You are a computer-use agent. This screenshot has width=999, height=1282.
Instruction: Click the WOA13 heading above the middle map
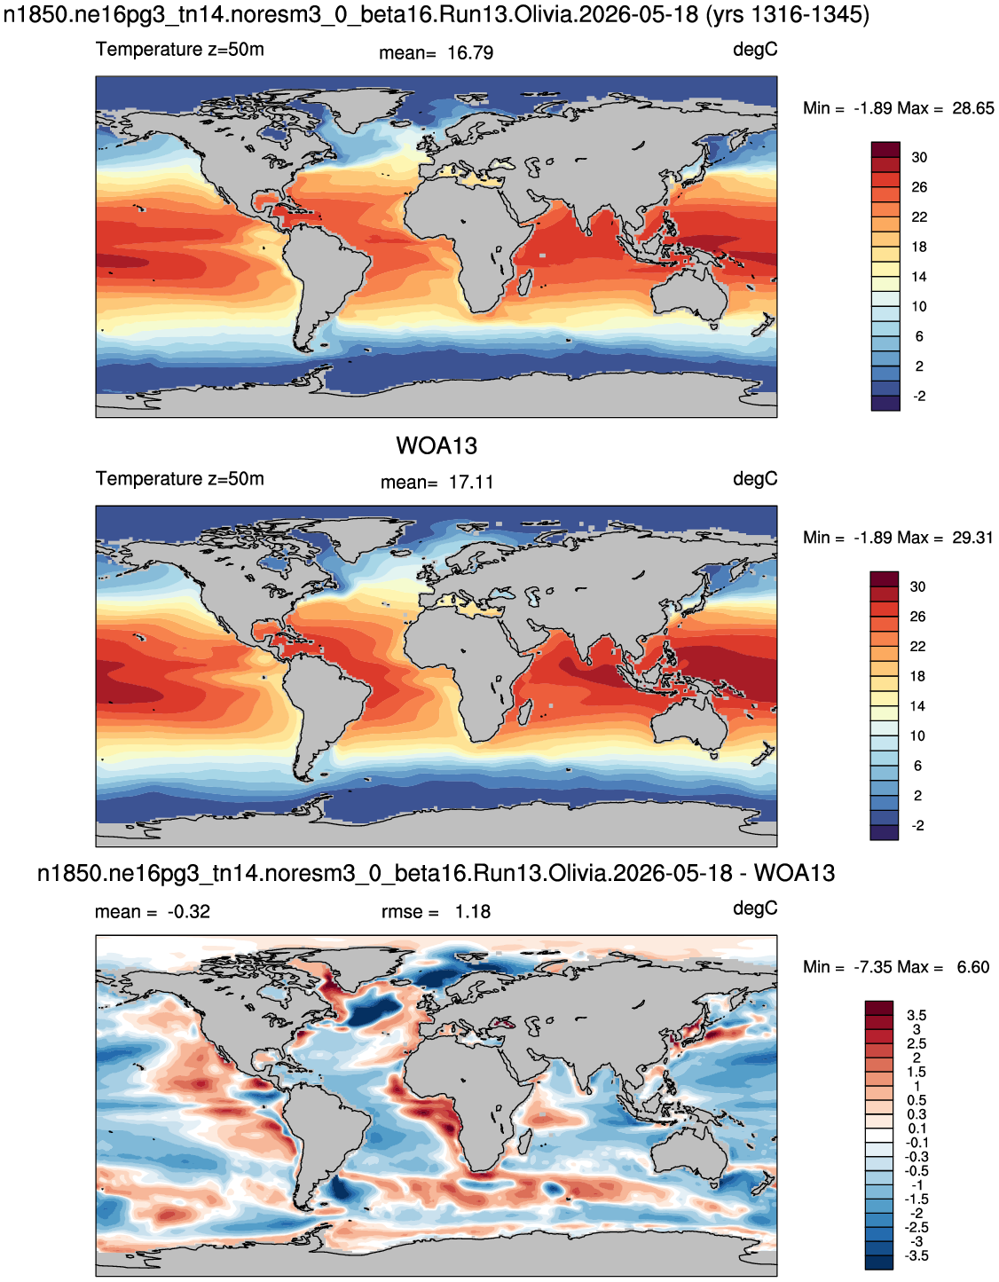click(x=436, y=446)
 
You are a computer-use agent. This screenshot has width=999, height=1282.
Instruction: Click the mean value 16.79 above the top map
click(x=470, y=53)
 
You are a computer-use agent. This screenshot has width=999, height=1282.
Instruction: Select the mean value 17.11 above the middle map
click(x=470, y=483)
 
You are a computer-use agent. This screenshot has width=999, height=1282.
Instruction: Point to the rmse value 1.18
click(x=472, y=912)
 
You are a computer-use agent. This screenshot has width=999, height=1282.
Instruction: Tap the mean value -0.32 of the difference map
click(x=189, y=912)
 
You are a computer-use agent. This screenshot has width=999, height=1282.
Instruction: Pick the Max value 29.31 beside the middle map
click(x=972, y=538)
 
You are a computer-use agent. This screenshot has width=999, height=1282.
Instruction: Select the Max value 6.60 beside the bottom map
click(x=973, y=968)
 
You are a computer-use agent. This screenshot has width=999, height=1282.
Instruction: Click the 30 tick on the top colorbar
click(x=919, y=158)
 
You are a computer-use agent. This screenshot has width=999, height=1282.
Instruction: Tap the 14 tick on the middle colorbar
click(x=917, y=706)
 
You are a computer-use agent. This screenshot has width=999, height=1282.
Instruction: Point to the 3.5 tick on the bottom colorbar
click(x=916, y=1015)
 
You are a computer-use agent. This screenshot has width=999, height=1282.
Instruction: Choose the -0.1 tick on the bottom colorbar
click(x=916, y=1143)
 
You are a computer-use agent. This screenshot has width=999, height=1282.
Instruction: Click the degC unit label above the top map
click(x=755, y=50)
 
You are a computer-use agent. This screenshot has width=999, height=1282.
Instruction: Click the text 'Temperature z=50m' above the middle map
click(x=180, y=478)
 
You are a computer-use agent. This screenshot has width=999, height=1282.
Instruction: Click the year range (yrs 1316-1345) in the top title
click(x=787, y=14)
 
